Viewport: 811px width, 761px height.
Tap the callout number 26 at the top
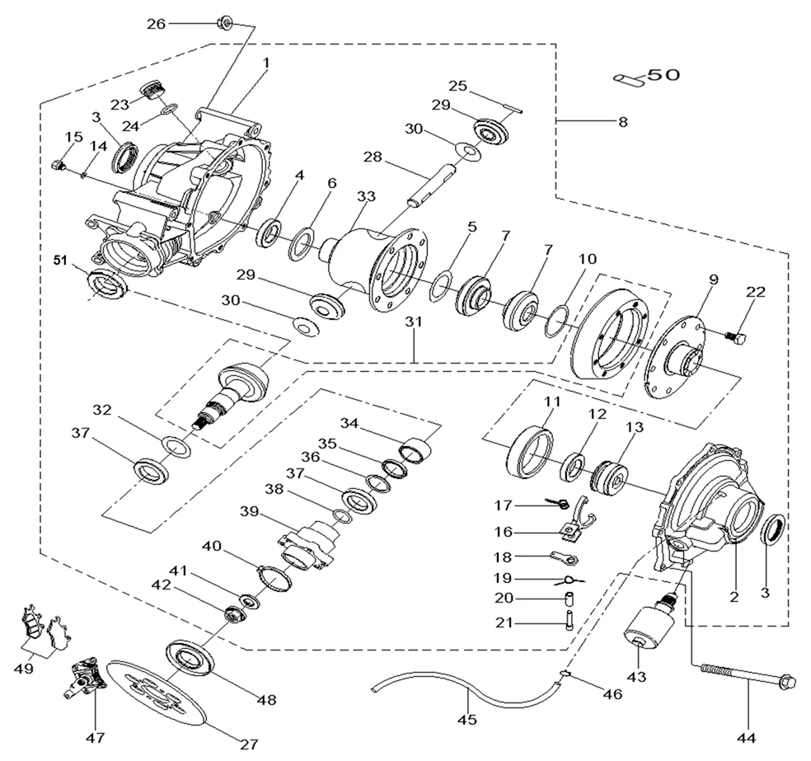pyautogui.click(x=157, y=24)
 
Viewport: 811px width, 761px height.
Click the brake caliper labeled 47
pyautogui.click(x=89, y=674)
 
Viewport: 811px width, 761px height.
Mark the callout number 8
pyautogui.click(x=622, y=122)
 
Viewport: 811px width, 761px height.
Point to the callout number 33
pyautogui.click(x=366, y=197)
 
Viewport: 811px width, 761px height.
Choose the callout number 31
pyautogui.click(x=413, y=323)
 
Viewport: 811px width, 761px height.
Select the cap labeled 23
pyautogui.click(x=150, y=90)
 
